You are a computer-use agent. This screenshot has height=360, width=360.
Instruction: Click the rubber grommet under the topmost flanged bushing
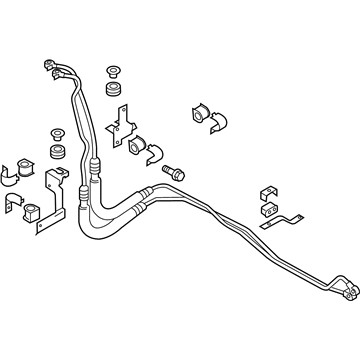tap(113, 92)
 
